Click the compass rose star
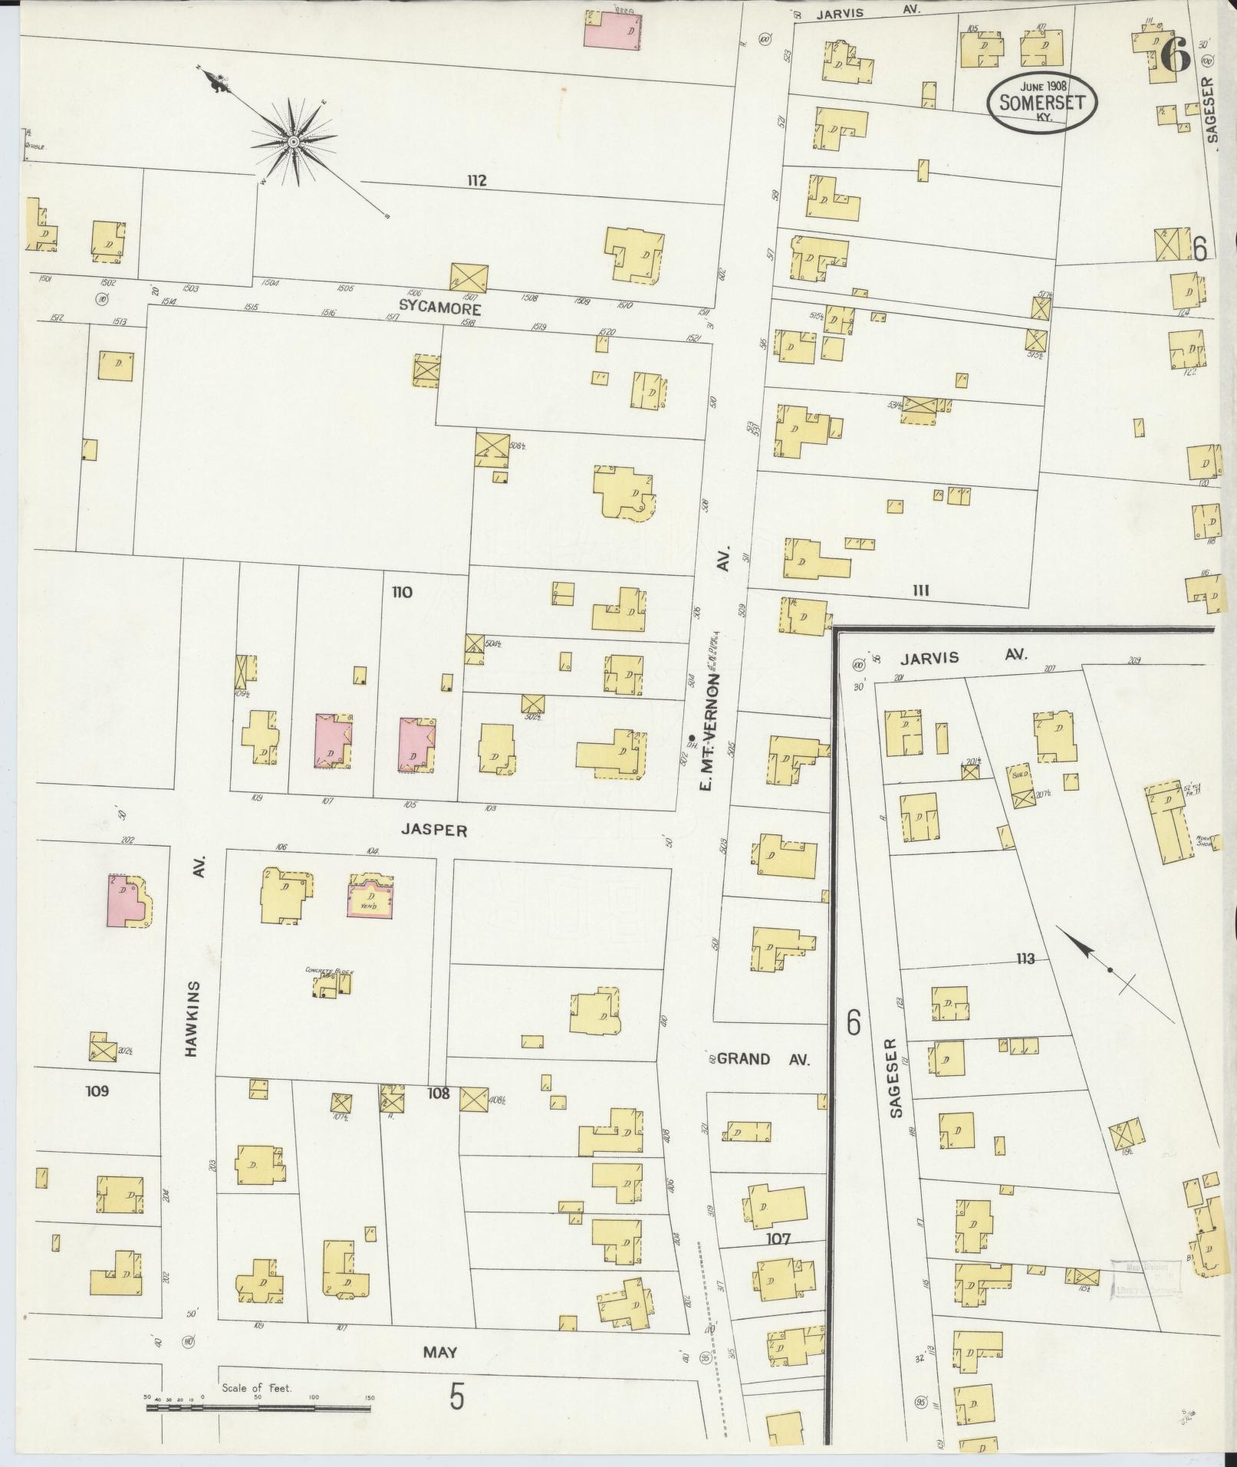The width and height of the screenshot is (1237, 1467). click(x=293, y=142)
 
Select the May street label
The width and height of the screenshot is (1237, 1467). click(x=439, y=1353)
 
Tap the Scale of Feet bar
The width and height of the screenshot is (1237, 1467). click(x=258, y=1408)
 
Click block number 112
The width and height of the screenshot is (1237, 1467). click(x=476, y=181)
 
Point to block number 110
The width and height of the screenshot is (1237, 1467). click(x=401, y=592)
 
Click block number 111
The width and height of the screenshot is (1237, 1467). click(x=921, y=590)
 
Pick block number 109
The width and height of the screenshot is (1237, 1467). click(x=97, y=1090)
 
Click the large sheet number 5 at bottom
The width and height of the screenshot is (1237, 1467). click(x=457, y=1399)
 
